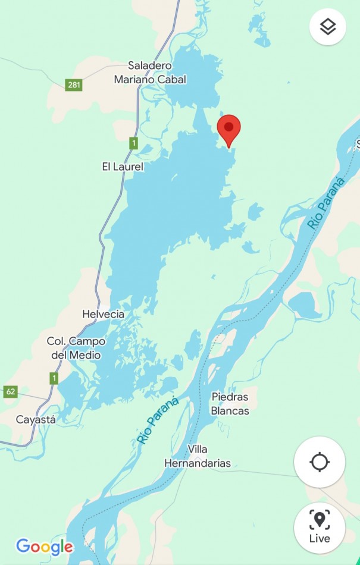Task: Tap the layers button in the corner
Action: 328,26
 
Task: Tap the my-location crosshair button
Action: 320,462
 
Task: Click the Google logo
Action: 45,547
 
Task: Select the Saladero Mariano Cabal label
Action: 150,73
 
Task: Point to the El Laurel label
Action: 123,167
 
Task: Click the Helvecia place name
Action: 104,314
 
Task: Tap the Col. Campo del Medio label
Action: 76,349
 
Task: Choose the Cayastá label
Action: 36,419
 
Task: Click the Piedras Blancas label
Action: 230,403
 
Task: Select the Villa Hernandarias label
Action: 197,456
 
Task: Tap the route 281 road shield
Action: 74,85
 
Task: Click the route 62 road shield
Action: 10,391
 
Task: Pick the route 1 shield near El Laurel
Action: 133,143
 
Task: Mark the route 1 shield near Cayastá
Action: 54,378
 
